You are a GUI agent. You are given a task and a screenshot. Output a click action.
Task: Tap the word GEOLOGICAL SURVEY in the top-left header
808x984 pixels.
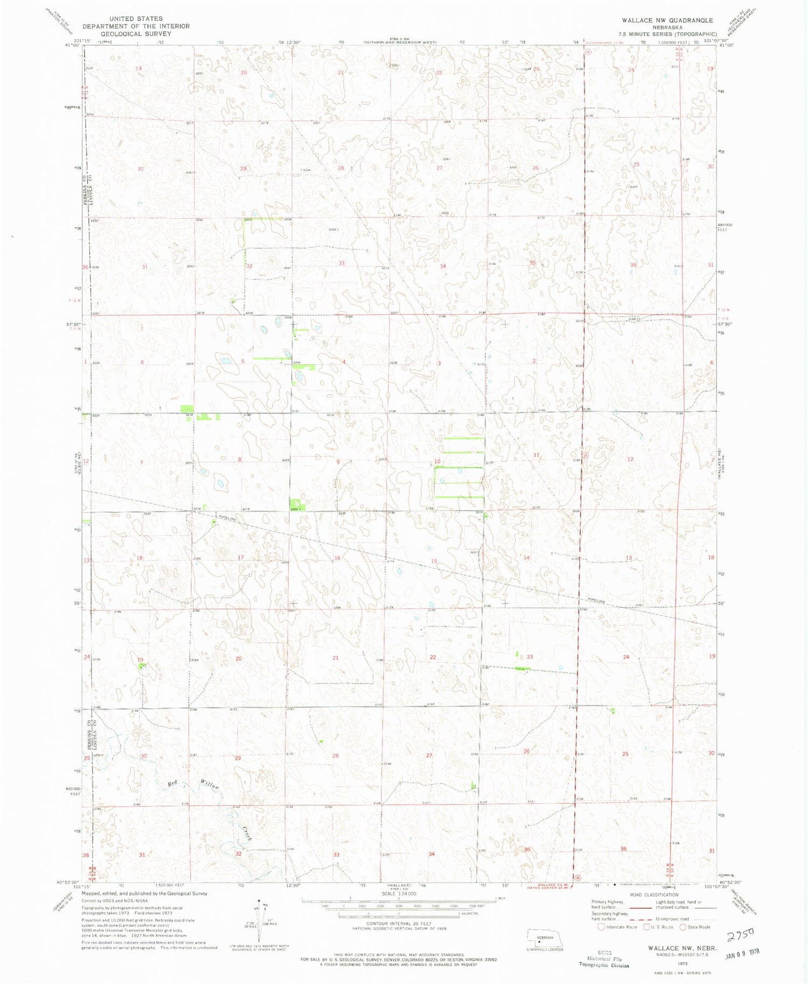[136, 33]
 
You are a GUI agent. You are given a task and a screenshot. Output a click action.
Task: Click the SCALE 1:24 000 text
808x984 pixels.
[399, 893]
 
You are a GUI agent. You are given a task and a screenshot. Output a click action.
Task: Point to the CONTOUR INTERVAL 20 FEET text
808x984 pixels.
[399, 923]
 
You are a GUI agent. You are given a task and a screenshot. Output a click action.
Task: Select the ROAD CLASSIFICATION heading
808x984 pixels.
[654, 895]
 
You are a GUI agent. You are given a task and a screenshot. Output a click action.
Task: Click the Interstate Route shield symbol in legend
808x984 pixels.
[601, 927]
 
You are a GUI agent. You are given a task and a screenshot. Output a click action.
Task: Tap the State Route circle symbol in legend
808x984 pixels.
[684, 927]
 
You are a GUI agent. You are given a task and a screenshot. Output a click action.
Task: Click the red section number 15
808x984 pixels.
[434, 561]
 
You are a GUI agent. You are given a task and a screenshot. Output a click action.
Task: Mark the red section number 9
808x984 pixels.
[338, 462]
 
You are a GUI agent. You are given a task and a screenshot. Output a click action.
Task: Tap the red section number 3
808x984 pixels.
[440, 363]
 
